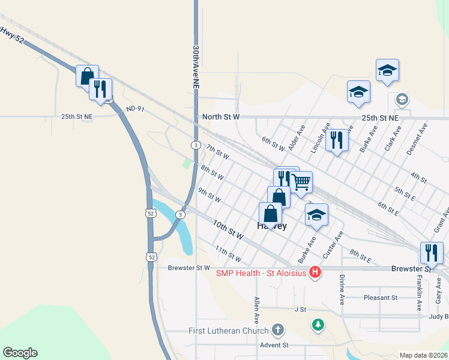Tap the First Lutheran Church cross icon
coord(277,329)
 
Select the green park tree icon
coord(318,325)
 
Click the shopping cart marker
coord(301,181)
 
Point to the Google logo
coord(20,353)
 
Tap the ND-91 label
coord(136,109)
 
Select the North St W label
coord(221,116)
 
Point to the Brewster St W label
coord(189,268)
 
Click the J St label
coord(300,309)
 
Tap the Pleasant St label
coord(381,298)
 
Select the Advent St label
coord(274,345)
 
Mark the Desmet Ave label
coord(417,140)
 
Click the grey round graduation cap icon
coord(402,99)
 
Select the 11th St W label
coord(228,254)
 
